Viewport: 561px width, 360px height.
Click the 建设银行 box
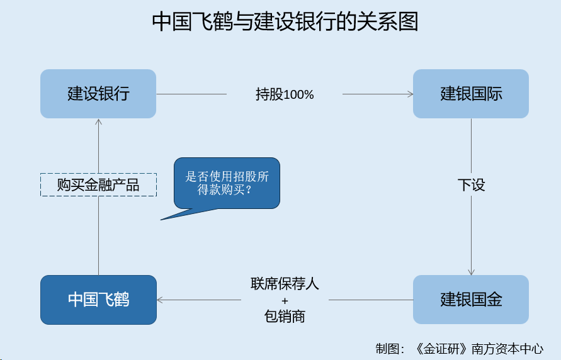pos(98,94)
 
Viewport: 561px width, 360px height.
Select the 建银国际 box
pos(471,94)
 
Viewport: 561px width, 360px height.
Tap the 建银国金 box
pos(471,300)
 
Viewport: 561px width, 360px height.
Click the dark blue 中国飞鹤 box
pos(98,300)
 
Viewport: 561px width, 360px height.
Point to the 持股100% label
pos(285,94)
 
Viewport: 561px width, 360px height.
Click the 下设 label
pos(471,185)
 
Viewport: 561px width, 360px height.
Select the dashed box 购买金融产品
pos(98,185)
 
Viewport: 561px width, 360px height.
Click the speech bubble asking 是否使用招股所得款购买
pos(227,183)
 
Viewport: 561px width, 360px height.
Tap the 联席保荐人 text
pos(285,284)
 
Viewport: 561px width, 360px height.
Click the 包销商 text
pos(285,317)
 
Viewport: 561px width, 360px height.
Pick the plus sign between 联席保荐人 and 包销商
pos(285,301)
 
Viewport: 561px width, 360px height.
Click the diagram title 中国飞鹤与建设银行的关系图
pos(285,21)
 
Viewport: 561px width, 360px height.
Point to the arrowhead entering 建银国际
pos(411,94)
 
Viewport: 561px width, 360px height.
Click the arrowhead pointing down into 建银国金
pos(471,273)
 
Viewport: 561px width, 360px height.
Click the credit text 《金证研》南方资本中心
pos(479,349)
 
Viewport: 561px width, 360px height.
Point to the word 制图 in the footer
pos(387,349)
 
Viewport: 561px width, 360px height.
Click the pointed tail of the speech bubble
pos(161,220)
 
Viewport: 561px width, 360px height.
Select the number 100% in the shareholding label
pos(298,95)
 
